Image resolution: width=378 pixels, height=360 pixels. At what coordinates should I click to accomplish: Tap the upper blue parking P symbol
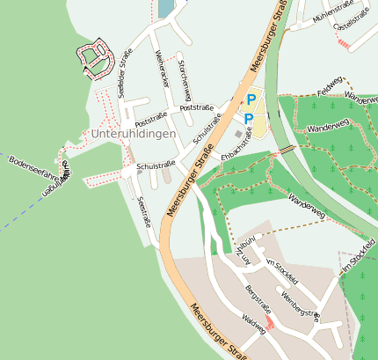click(251, 100)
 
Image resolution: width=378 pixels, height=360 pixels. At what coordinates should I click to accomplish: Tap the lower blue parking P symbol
click(249, 119)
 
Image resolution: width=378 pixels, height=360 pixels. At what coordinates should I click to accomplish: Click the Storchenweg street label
click(184, 79)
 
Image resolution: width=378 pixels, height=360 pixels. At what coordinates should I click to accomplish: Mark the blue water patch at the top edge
click(165, 8)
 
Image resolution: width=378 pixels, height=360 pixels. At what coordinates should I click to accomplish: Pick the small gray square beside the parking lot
click(237, 134)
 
